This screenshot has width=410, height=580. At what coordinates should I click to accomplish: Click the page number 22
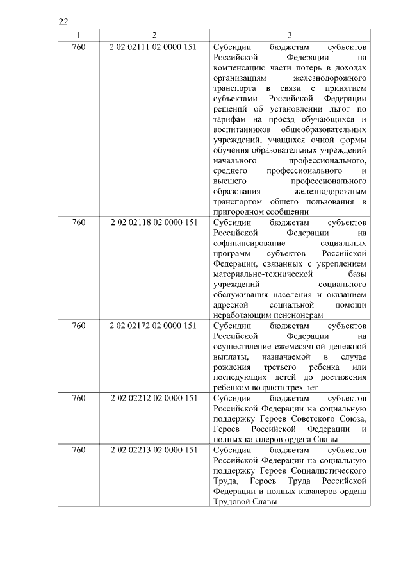(x=63, y=21)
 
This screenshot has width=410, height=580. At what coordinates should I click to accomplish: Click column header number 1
(x=79, y=35)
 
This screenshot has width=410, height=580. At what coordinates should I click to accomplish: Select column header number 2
(x=154, y=35)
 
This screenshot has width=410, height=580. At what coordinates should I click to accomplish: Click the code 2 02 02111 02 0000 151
(x=154, y=47)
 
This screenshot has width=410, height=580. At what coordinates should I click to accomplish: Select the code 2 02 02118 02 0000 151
(x=154, y=222)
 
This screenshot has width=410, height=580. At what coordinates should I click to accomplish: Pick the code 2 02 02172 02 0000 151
(x=154, y=326)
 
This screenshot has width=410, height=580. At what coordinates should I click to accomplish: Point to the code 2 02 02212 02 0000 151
(x=154, y=398)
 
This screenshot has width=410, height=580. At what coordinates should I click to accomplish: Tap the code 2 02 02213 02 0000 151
(x=154, y=450)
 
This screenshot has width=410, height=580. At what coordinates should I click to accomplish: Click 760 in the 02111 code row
(x=79, y=47)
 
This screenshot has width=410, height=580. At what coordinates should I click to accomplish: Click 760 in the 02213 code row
(x=79, y=450)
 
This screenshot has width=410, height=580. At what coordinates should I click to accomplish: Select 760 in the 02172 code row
(x=79, y=326)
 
